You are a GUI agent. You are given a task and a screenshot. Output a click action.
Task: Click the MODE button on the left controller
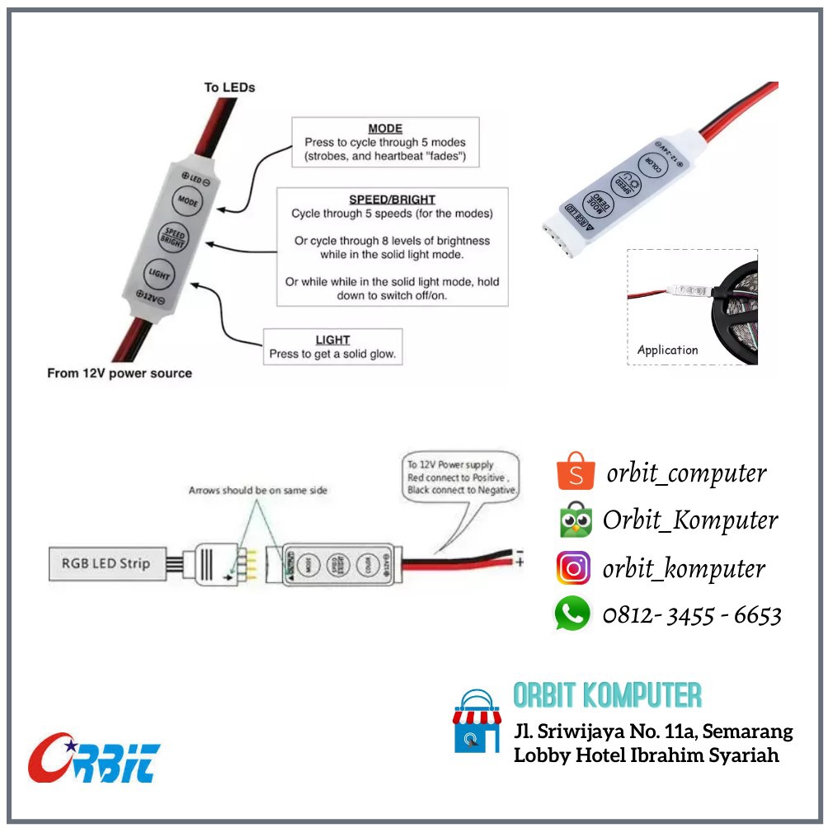pos(188,200)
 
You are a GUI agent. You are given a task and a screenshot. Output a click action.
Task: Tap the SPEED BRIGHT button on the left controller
pos(174,238)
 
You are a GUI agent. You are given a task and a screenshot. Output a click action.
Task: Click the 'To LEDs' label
pos(229,87)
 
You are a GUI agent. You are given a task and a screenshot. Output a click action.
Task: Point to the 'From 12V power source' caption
pos(120,374)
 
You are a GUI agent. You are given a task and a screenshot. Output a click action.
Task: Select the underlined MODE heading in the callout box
pos(384,129)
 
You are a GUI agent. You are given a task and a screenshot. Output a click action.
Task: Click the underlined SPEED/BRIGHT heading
pos(392,200)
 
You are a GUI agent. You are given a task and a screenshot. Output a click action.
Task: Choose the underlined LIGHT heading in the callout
pos(332,340)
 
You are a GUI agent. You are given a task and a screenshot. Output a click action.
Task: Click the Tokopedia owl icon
pos(575,520)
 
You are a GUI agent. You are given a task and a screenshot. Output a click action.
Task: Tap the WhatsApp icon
pos(572,614)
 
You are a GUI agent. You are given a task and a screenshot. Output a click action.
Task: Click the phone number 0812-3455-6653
pos(692,615)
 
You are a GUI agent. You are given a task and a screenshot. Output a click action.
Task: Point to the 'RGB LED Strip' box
pos(106,563)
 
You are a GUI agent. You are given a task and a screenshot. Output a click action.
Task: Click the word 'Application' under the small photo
pos(667,350)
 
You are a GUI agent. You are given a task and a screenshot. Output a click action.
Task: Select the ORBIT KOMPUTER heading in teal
pos(607,695)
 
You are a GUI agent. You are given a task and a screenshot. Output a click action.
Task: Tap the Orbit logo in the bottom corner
pos(94,757)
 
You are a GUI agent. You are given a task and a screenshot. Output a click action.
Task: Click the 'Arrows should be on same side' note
pos(257,491)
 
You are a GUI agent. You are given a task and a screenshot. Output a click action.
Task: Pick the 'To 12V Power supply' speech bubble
pos(461,478)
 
